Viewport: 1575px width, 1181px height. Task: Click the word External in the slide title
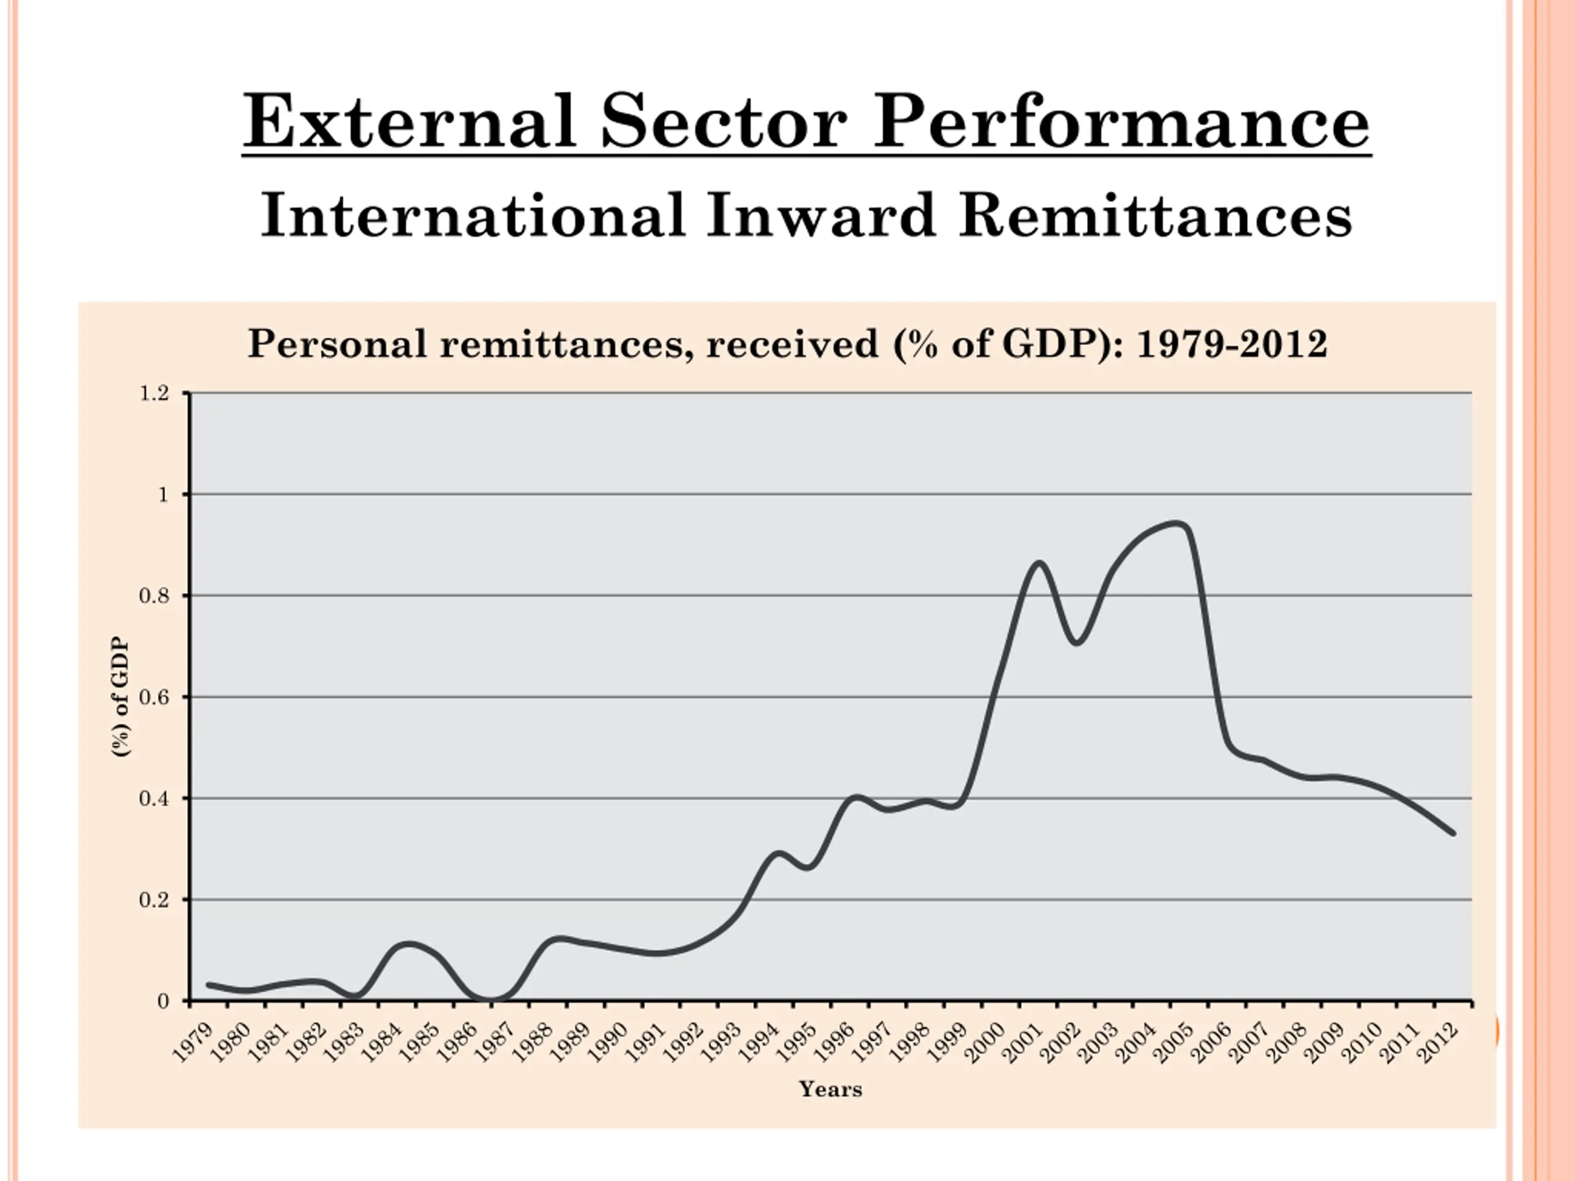[x=409, y=122]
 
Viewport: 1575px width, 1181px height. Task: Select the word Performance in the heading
[x=1122, y=122]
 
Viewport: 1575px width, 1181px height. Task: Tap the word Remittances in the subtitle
[x=1155, y=216]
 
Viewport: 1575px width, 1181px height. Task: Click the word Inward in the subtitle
[x=820, y=216]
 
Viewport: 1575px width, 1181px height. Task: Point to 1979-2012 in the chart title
[x=1232, y=344]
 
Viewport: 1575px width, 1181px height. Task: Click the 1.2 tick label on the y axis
[x=154, y=394]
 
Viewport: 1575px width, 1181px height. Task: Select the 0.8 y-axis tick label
[x=154, y=596]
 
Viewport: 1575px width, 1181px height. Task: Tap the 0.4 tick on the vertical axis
[x=154, y=799]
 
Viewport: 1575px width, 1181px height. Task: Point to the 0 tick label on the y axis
[x=163, y=1001]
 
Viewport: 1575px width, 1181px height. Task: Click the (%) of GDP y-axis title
[x=122, y=697]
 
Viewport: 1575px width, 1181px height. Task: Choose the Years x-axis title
[x=830, y=1089]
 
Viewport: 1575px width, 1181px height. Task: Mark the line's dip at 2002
[x=1077, y=642]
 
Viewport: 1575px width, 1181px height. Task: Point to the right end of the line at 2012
[x=1453, y=833]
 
